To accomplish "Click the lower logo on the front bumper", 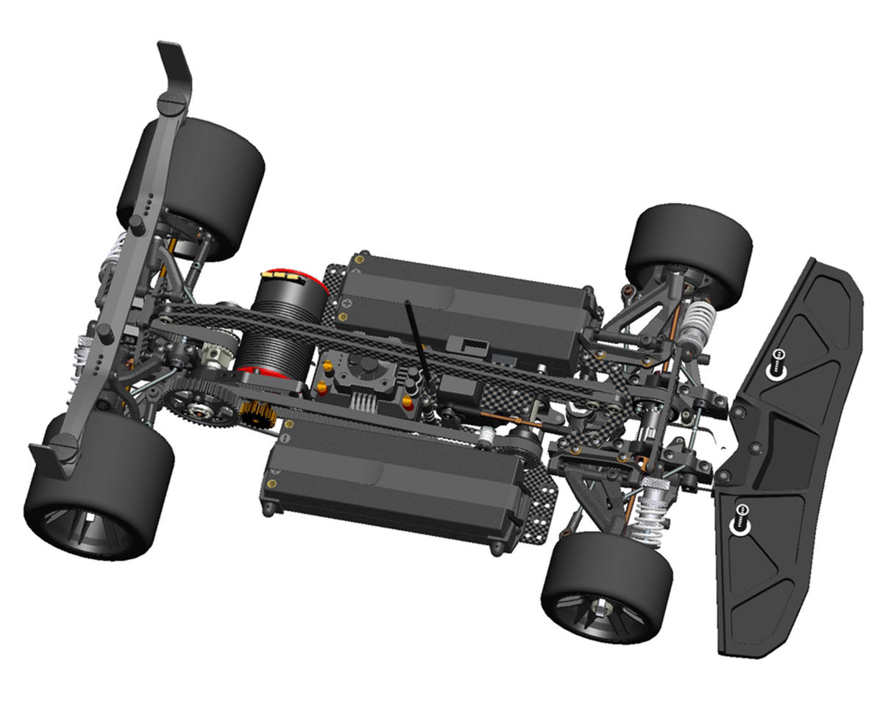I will pyautogui.click(x=742, y=516).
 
